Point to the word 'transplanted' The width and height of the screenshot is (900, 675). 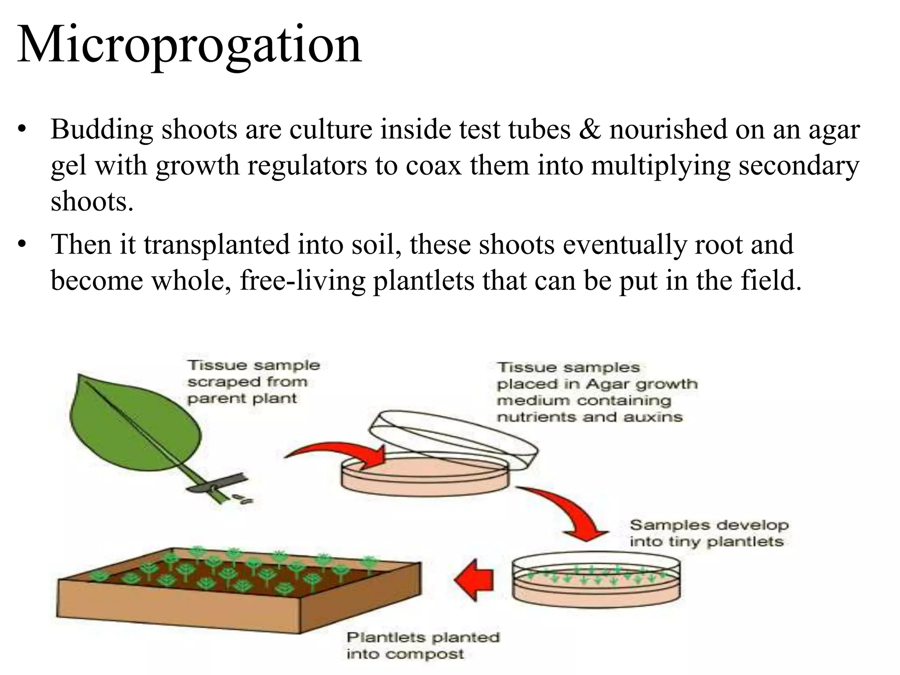216,245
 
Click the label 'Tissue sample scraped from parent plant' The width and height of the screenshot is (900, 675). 253,382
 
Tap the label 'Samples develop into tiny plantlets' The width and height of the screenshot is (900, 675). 708,533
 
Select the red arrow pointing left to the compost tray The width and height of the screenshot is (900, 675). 474,580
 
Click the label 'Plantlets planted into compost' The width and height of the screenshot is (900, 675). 422,646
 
